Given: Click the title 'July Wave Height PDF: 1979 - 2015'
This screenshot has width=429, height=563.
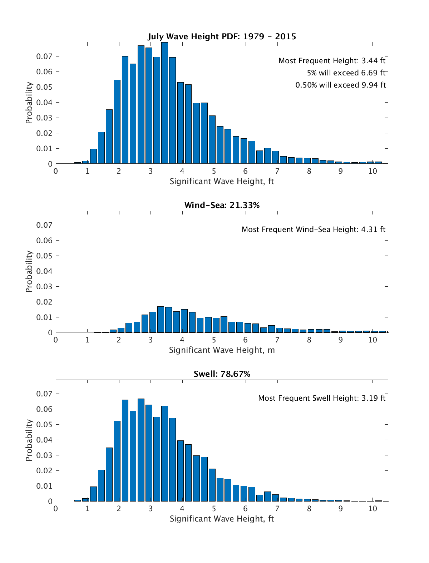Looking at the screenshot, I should coord(222,36).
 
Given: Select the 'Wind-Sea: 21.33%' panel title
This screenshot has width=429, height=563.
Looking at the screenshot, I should coord(222,205).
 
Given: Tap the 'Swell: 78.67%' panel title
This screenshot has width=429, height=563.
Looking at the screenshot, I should coord(222,374).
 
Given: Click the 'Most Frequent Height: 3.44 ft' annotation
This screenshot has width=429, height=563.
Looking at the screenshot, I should coord(332,61).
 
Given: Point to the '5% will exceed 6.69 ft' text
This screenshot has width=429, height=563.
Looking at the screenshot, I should coord(346,73).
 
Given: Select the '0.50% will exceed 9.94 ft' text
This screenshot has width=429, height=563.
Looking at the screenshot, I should coord(340,85).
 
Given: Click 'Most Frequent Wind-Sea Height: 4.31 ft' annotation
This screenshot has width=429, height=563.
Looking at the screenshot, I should coord(314,229).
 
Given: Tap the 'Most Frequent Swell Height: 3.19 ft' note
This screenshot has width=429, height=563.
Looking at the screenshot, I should coord(322,398).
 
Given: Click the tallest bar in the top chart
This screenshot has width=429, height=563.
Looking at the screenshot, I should coord(164,104).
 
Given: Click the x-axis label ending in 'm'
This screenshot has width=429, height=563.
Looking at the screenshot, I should coord(222,350).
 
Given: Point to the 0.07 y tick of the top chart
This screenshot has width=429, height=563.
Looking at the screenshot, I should coord(44,56).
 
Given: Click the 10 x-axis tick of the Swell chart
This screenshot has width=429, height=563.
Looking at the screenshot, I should coord(373,509).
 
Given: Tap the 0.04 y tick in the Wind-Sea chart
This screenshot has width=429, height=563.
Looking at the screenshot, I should coord(44,271).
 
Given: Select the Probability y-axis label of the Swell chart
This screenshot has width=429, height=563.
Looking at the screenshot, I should coord(29,440).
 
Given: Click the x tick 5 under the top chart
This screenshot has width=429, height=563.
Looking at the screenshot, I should coord(214,171).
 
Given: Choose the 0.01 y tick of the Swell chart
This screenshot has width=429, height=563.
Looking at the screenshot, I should coord(44,486).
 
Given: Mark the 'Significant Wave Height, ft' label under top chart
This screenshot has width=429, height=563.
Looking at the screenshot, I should coord(222,181).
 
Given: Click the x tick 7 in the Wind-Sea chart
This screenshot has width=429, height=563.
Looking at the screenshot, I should coord(277,340).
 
